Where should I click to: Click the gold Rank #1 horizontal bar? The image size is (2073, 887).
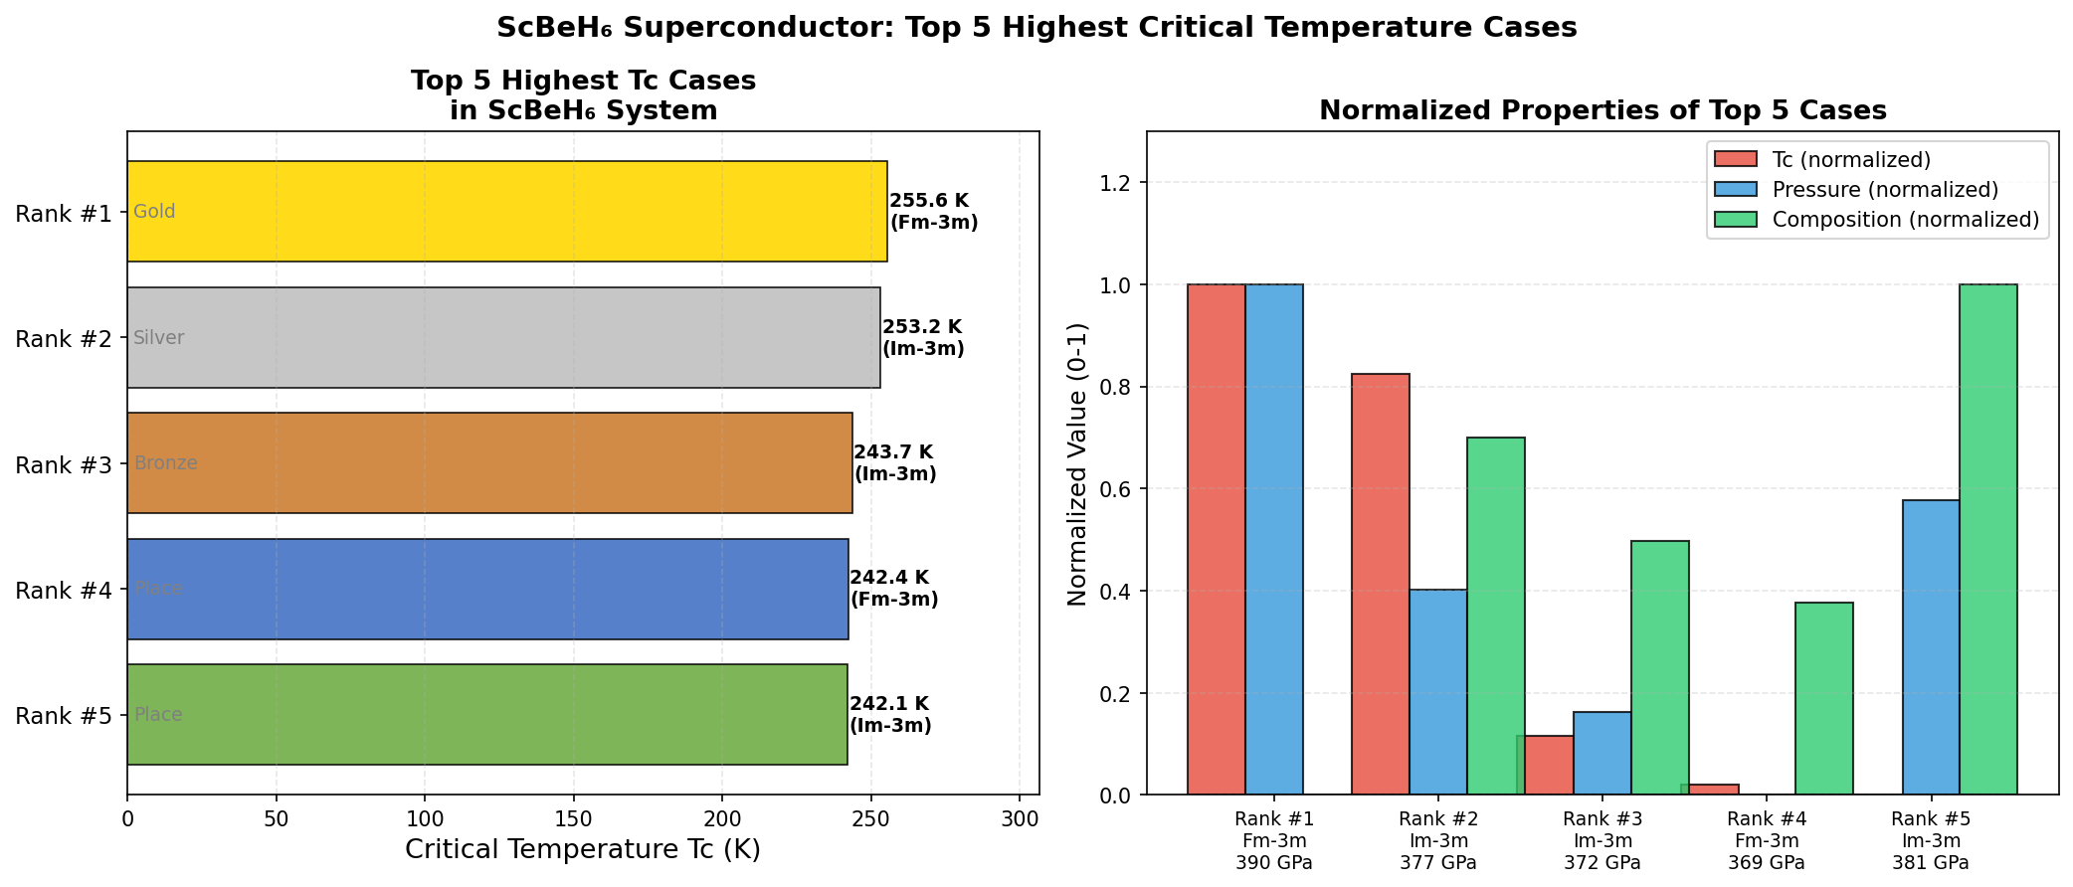point(507,212)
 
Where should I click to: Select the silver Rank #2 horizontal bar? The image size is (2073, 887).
point(503,338)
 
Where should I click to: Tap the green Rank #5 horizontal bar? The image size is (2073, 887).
point(487,714)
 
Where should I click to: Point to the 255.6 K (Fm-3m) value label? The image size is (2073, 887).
point(933,212)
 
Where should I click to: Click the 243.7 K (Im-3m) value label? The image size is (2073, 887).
point(895,463)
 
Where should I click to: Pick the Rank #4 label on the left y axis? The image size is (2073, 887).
point(64,591)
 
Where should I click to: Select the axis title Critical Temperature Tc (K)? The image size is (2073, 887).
point(583,850)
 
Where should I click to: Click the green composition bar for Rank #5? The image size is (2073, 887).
point(1988,539)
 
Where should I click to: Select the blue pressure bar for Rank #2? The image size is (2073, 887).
point(1438,692)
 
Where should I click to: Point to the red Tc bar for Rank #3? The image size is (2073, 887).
point(1549,765)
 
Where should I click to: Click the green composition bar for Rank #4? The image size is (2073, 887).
point(1824,698)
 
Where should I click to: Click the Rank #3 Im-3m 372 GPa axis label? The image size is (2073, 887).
point(1602,841)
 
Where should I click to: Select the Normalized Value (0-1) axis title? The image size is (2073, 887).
point(1077,463)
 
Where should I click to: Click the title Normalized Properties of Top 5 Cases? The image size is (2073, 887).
point(1602,110)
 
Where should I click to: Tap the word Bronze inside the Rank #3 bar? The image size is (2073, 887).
point(166,463)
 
